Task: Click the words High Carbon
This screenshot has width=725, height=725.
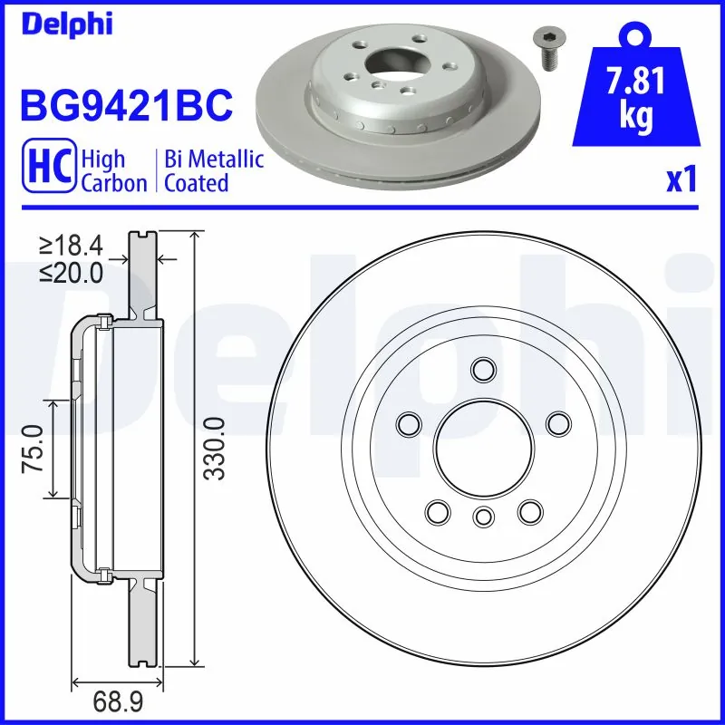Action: pyautogui.click(x=114, y=171)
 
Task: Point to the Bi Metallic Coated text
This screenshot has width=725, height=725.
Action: pyautogui.click(x=214, y=171)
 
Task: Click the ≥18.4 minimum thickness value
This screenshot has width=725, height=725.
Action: pyautogui.click(x=70, y=246)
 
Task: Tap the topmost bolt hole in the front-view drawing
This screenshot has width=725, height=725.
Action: pyautogui.click(x=483, y=369)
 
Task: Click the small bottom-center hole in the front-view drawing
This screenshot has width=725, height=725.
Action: pyautogui.click(x=483, y=517)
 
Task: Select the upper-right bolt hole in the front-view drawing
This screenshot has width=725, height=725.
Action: pyautogui.click(x=559, y=422)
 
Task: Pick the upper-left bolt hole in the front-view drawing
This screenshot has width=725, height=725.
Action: pyautogui.click(x=409, y=422)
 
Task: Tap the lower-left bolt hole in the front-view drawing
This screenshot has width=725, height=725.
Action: pyautogui.click(x=437, y=512)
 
